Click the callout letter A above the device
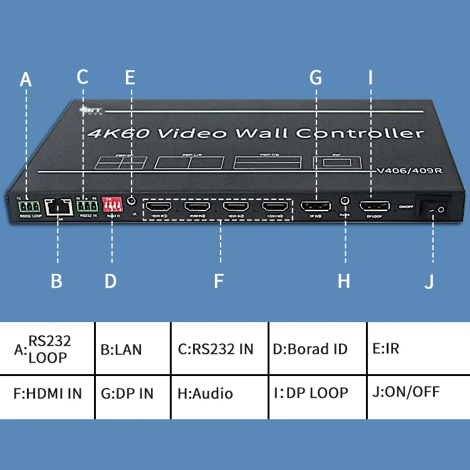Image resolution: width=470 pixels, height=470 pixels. pyautogui.click(x=25, y=80)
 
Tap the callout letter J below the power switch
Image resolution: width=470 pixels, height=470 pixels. pyautogui.click(x=429, y=281)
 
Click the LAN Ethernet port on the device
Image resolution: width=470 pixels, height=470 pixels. pyautogui.click(x=57, y=206)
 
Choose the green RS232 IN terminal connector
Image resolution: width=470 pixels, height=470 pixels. pyautogui.click(x=86, y=206)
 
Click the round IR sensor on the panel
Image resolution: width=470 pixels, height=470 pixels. pyautogui.click(x=131, y=201)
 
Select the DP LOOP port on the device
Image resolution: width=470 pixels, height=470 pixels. pyautogui.click(x=373, y=206)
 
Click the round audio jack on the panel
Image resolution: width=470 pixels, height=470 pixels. pyautogui.click(x=345, y=201)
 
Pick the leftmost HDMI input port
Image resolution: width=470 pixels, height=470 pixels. pyautogui.click(x=159, y=207)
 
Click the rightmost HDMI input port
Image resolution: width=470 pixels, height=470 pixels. pyautogui.click(x=275, y=207)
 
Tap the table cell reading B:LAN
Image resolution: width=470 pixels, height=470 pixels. pyautogui.click(x=132, y=348)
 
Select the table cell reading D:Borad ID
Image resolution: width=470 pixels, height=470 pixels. pyautogui.click(x=317, y=348)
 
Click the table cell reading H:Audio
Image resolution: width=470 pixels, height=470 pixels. pyautogui.click(x=219, y=394)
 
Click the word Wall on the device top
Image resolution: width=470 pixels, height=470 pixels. pyautogui.click(x=262, y=133)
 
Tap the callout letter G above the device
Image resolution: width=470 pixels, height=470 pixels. pyautogui.click(x=315, y=77)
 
